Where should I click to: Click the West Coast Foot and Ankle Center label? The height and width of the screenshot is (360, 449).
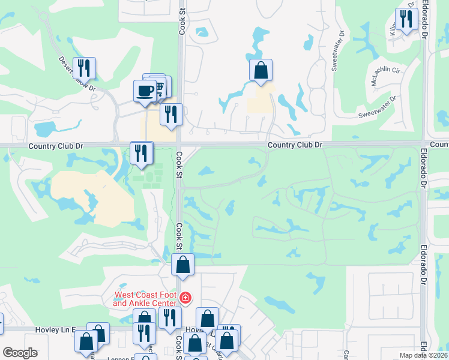coord(146,299)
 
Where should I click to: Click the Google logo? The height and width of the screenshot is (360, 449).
coord(20,353)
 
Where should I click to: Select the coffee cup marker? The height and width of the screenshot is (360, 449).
coord(144,91)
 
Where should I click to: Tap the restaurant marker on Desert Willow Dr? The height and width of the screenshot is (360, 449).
coord(84,68)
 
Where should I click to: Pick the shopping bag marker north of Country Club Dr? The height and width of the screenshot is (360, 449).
coord(261,70)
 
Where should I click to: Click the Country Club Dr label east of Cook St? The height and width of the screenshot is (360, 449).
coord(295,145)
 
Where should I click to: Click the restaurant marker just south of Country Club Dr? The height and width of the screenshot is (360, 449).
coord(142,152)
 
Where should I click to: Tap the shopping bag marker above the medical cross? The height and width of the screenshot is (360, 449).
coord(182,264)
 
